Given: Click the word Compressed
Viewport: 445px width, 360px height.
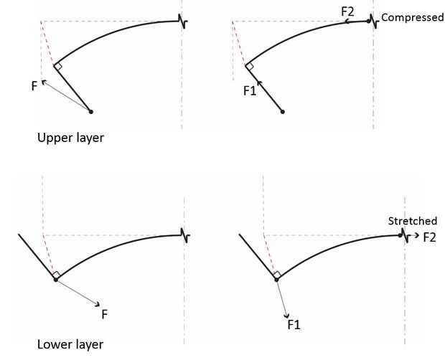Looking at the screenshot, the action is (412, 17).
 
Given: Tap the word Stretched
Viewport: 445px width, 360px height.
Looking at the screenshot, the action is (412, 221).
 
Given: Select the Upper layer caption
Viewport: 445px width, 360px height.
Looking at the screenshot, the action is (70, 138).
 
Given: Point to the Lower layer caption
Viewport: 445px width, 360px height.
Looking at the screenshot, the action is (70, 344).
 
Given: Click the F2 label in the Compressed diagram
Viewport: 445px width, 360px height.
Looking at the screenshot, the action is (348, 11).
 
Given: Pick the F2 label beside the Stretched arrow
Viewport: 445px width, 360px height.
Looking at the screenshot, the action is (430, 237).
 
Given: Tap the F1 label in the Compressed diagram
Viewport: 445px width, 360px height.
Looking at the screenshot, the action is (249, 91).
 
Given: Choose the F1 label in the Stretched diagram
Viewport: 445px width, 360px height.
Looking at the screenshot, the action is (294, 325).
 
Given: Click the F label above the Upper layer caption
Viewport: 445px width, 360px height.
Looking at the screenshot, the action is (34, 86).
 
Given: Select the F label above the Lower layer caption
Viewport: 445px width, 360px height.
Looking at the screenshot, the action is (105, 313).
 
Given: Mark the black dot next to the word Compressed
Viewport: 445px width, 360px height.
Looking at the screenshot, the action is (368, 21).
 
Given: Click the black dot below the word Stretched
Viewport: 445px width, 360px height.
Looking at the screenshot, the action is (401, 235).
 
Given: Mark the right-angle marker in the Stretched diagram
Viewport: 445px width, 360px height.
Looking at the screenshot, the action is (277, 275).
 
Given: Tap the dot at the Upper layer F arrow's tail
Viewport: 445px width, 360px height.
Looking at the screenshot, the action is (90, 111).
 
